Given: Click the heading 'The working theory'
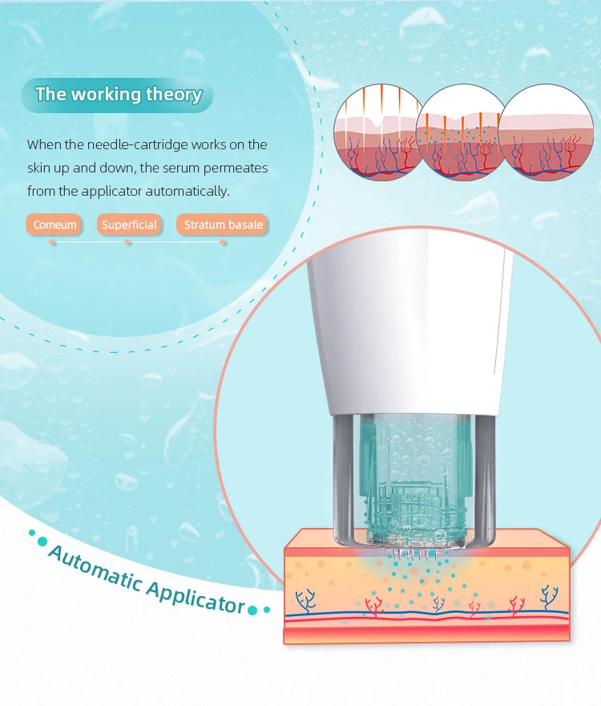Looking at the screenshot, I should (x=118, y=95).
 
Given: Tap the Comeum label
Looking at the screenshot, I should (x=55, y=225).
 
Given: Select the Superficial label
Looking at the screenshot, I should (x=129, y=225).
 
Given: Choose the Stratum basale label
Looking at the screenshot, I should (x=223, y=225).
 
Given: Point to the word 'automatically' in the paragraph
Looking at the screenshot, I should (x=188, y=192).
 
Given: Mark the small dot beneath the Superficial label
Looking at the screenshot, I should (x=127, y=242).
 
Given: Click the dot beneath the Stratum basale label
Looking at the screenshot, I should (x=223, y=242).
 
